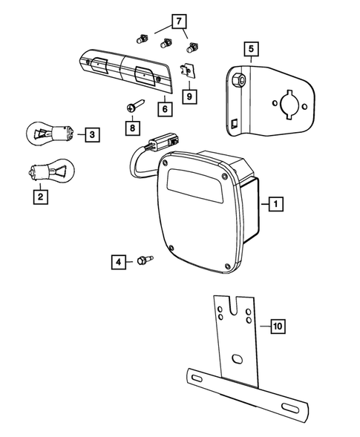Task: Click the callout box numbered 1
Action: click(x=275, y=202)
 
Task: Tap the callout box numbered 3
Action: click(x=91, y=134)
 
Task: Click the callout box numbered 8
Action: click(x=132, y=128)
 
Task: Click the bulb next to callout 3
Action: click(x=52, y=134)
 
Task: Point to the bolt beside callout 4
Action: click(x=143, y=260)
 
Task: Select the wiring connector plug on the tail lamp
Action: click(x=166, y=140)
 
